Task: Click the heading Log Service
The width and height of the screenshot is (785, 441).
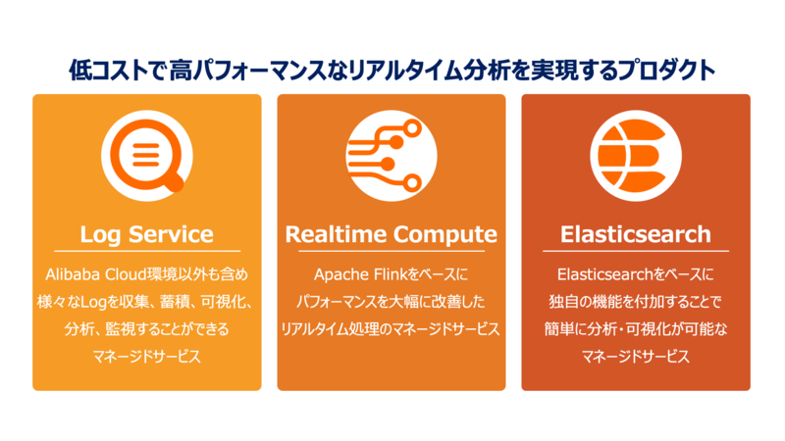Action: tap(146, 234)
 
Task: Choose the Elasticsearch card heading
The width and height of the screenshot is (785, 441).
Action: tap(635, 234)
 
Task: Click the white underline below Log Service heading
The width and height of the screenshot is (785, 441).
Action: tap(146, 251)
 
